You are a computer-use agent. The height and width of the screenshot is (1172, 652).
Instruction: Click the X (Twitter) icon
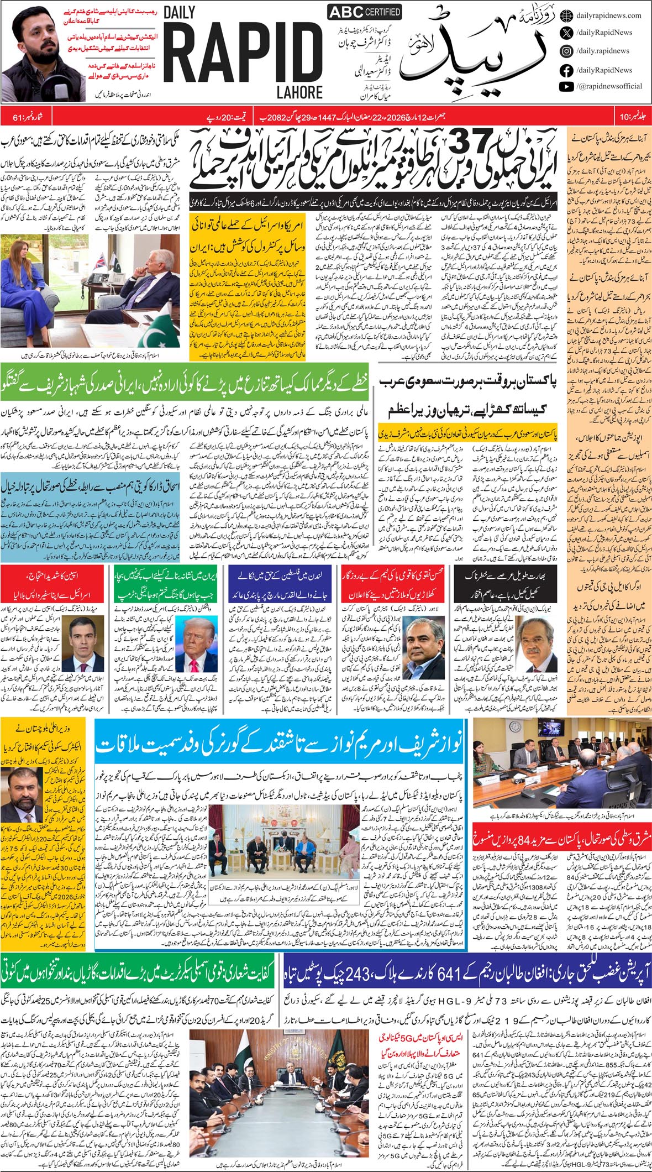pos(566,33)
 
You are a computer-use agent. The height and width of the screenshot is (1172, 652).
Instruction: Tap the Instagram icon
pos(566,51)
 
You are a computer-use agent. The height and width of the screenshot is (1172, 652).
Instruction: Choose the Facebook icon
pos(566,70)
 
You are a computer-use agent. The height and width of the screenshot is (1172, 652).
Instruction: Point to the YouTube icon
pos(566,86)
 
